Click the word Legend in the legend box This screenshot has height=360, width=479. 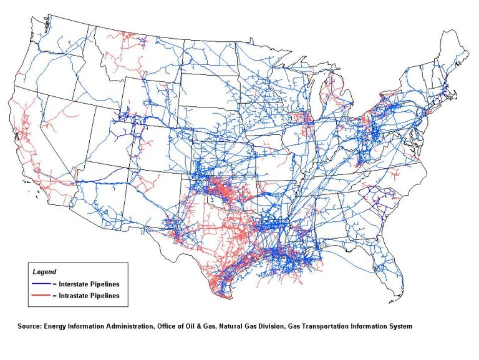click(44, 272)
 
